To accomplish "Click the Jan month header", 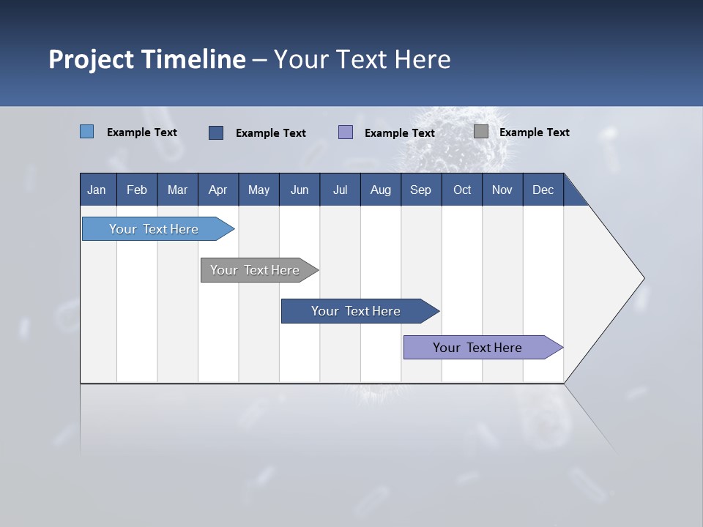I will point(97,190).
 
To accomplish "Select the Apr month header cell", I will point(218,190).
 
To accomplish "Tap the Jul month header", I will point(340,190).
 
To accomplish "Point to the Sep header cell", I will point(421,190).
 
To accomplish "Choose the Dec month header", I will point(543,190).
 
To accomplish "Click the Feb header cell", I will point(137,190).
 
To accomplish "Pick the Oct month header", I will point(462,190).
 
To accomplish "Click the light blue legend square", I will point(86,132).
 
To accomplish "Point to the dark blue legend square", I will point(216,132).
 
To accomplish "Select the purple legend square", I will point(346,132).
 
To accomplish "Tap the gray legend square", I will point(481,132).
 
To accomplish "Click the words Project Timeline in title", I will point(146,59).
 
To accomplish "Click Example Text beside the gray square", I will point(534,132).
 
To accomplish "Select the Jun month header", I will point(300,190).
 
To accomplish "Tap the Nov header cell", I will point(502,190).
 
